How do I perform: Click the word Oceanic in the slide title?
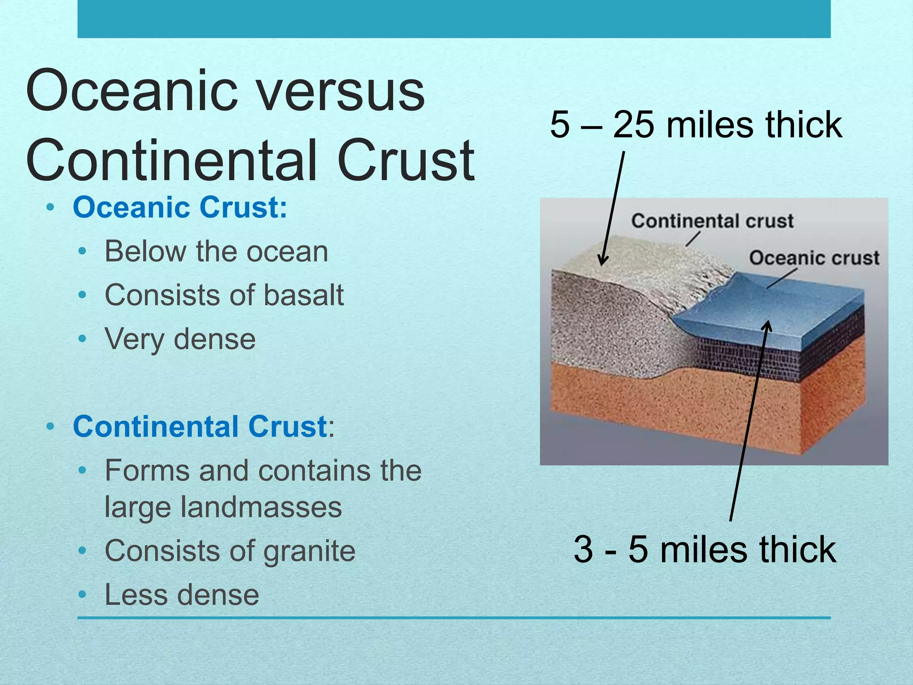pos(132,91)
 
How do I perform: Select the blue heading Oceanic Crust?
pos(180,207)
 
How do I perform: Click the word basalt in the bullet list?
pos(303,295)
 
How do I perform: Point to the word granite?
pos(309,551)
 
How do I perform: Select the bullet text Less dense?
pos(181,595)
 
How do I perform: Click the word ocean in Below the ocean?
pos(287,252)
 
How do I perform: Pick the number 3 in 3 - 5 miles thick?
pos(583,549)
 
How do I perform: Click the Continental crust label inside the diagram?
pos(712,221)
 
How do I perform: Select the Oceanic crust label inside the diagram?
pos(814,258)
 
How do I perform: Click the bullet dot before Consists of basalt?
pos(82,295)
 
